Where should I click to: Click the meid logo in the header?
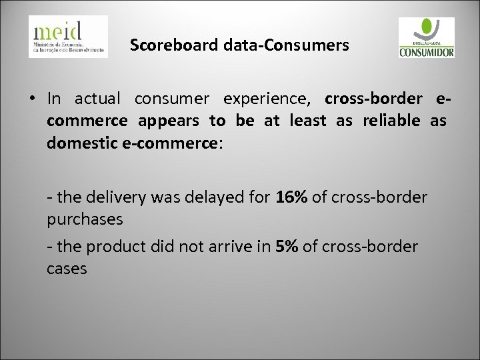pyautogui.click(x=67, y=36)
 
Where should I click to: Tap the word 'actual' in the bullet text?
pyautogui.click(x=96, y=99)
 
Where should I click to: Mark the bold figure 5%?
pyautogui.click(x=288, y=247)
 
